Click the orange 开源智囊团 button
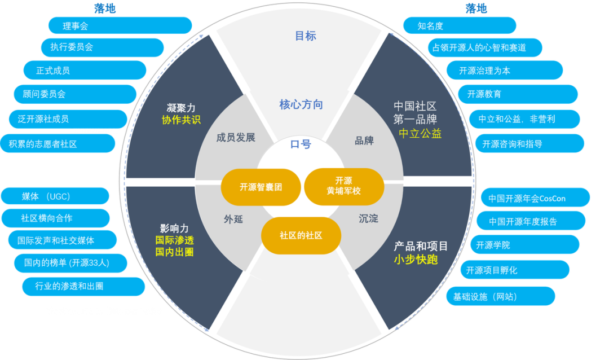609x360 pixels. pos(261,187)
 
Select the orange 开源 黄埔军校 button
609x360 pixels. pos(344,186)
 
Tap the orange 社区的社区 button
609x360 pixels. pos(301,235)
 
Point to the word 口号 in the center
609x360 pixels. pos(301,144)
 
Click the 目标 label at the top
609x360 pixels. pos(306,36)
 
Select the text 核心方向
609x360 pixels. pos(301,104)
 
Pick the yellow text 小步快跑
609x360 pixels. pos(416,260)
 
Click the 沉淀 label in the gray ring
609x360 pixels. pos(369,218)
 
